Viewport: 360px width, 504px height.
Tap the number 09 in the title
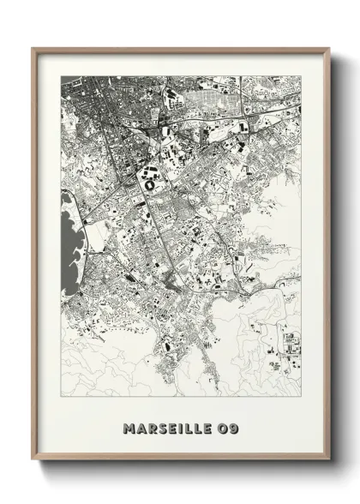[225, 427]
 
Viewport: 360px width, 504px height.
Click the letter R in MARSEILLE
[153, 427]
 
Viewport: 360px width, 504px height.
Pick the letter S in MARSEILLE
[163, 427]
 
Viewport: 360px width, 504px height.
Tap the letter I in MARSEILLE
[182, 427]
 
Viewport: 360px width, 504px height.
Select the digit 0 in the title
[219, 427]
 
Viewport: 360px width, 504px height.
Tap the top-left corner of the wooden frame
[33, 48]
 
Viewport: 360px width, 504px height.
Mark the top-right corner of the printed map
[300, 75]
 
